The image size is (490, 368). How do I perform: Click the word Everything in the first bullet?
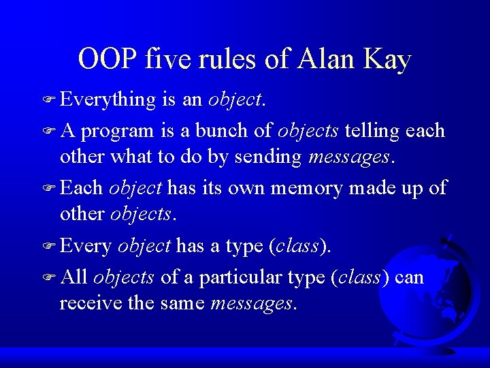[108, 101]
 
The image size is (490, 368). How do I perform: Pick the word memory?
[306, 188]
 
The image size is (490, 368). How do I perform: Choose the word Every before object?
[86, 246]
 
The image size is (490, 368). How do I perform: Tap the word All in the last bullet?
[74, 276]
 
